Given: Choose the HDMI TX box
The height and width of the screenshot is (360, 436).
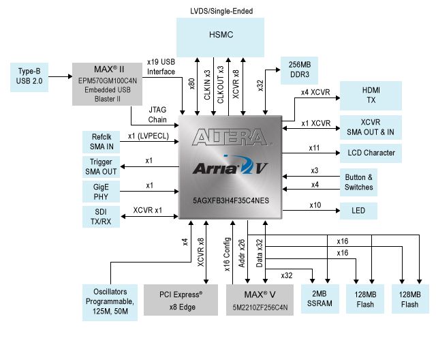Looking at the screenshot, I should (371, 95).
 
